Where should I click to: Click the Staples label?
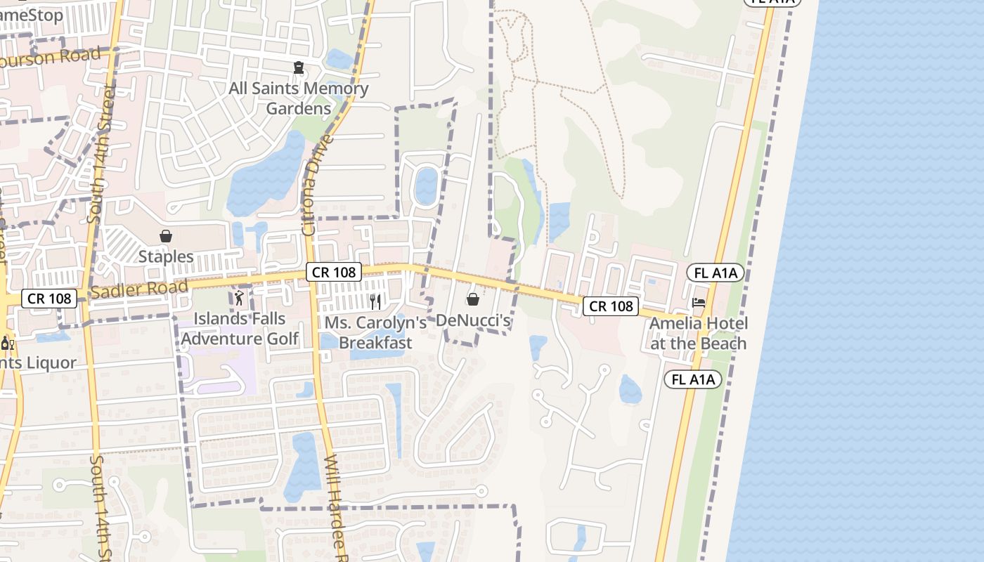pyautogui.click(x=166, y=256)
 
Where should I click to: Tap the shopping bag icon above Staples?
pyautogui.click(x=166, y=236)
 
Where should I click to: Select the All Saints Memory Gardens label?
pyautogui.click(x=299, y=98)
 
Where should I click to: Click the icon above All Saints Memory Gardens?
pyautogui.click(x=299, y=67)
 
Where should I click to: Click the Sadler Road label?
pyautogui.click(x=139, y=288)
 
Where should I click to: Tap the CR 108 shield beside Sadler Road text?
pyautogui.click(x=49, y=299)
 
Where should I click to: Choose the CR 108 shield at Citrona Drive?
pyautogui.click(x=334, y=272)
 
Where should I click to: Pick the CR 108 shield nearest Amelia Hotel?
pyautogui.click(x=611, y=306)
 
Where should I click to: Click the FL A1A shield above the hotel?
pyautogui.click(x=716, y=273)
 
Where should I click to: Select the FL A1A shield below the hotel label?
pyautogui.click(x=693, y=379)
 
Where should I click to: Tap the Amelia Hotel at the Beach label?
pyautogui.click(x=698, y=333)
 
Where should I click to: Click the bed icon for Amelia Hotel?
pyautogui.click(x=699, y=303)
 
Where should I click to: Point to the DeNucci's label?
pyautogui.click(x=473, y=320)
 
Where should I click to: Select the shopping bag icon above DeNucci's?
pyautogui.click(x=474, y=300)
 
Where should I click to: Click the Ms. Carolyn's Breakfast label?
pyautogui.click(x=375, y=332)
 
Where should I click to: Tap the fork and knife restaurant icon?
pyautogui.click(x=375, y=302)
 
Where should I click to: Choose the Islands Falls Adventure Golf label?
pyautogui.click(x=240, y=328)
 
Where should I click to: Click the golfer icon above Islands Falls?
pyautogui.click(x=239, y=298)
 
